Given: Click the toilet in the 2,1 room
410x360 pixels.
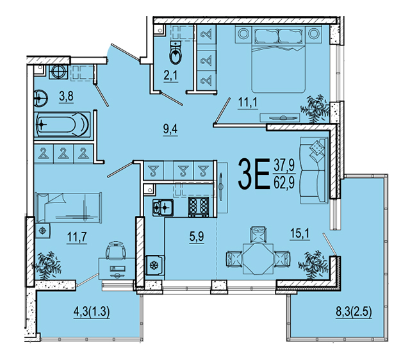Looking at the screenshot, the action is tap(175, 53).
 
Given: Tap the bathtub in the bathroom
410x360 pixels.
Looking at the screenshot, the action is tap(62, 124).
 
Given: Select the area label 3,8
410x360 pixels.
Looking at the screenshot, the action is tap(66, 97).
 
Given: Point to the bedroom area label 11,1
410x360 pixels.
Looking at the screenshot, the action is tap(248, 102).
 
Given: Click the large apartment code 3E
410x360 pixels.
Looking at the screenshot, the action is tap(254, 174).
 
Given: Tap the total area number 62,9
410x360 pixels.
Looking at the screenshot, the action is tap(284, 183).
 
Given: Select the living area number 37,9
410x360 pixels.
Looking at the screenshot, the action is tap(284, 165).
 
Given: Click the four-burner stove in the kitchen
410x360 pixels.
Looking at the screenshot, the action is tap(199, 207).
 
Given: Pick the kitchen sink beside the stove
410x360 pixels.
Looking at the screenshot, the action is tap(163, 208).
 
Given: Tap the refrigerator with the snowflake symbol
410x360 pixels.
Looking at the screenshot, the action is tap(155, 265).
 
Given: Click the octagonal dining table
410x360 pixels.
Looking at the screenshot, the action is tap(258, 259).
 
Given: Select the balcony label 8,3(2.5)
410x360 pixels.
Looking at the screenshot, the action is tap(354, 311).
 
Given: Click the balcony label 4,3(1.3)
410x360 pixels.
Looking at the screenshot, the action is tap(91, 312).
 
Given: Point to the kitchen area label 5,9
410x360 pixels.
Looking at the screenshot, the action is tap(197, 237).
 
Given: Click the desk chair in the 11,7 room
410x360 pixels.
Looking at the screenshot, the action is tap(116, 250).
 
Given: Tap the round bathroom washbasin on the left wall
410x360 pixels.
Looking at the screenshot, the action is tap(40, 99).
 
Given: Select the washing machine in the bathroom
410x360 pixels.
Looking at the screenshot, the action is tap(58, 72).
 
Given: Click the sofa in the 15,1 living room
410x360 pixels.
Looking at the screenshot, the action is tap(314, 170).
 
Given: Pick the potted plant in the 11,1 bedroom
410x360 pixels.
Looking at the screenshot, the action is tap(315, 108).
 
